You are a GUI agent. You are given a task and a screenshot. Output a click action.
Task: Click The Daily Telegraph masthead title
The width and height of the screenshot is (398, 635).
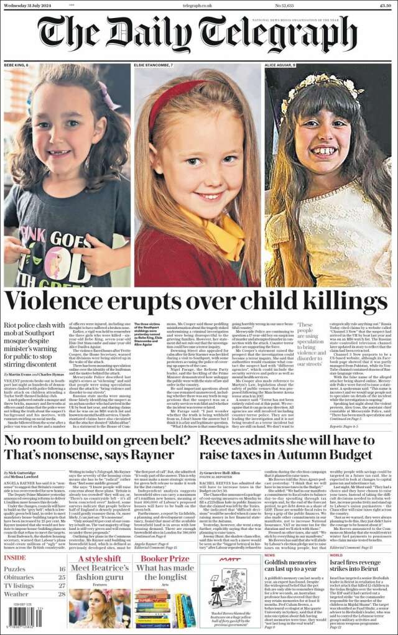(x=198, y=35)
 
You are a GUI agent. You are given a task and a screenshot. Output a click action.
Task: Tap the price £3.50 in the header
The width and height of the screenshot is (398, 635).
(x=385, y=6)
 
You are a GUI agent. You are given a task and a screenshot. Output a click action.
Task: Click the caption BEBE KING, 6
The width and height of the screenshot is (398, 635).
(x=17, y=65)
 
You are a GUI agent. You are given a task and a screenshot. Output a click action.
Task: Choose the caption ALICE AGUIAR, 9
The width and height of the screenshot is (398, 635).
(x=280, y=65)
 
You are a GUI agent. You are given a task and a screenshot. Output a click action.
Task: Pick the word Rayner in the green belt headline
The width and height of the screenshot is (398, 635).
(x=149, y=455)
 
